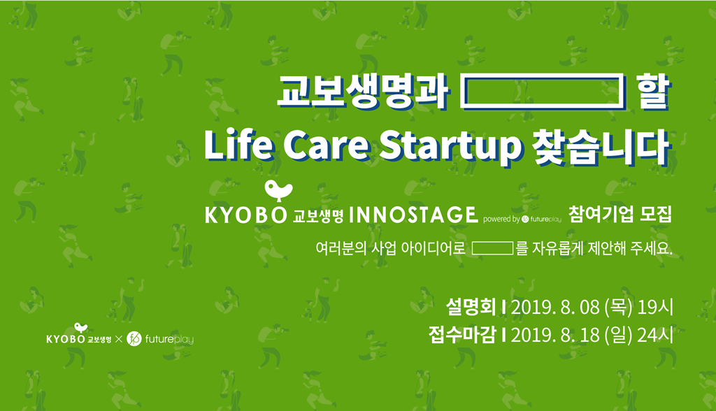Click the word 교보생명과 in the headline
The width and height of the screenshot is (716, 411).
tap(363, 92)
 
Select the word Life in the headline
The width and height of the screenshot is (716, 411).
tap(239, 145)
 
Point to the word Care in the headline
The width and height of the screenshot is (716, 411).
tap(327, 146)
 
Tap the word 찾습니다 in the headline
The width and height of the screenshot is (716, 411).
tap(601, 147)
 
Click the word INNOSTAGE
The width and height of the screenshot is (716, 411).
tap(413, 215)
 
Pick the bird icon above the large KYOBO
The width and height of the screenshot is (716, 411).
tap(278, 191)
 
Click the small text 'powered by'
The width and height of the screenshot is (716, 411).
tap(501, 219)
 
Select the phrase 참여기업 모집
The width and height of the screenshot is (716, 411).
tap(620, 214)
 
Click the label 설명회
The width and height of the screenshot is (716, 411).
tap(471, 307)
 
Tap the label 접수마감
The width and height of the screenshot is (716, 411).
tap(462, 336)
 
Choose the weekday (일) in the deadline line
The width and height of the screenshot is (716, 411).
tap(618, 336)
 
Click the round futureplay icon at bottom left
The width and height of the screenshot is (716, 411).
tap(134, 338)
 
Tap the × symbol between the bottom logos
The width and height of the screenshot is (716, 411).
tap(119, 339)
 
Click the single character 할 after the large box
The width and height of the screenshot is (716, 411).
tap(654, 92)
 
